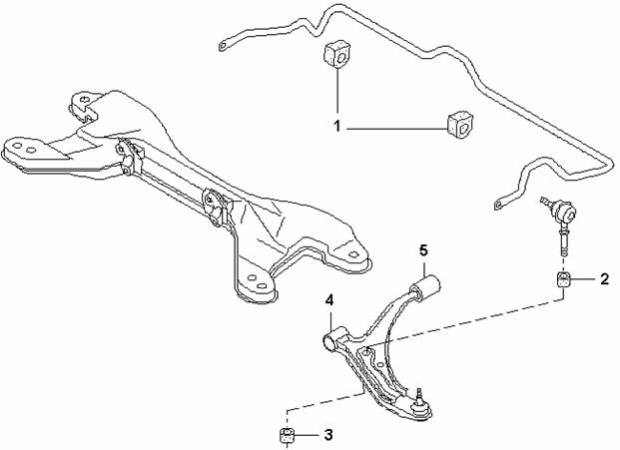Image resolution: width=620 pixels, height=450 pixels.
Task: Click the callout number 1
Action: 336,127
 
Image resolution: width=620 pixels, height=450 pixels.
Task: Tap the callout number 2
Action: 604,279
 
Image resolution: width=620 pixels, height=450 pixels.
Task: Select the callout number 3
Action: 328,435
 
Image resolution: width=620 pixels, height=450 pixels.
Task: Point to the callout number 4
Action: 329,300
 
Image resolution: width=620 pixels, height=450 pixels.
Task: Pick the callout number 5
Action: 423,249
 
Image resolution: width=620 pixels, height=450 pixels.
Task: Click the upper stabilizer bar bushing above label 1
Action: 336,54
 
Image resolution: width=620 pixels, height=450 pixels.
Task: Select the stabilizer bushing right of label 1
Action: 460,125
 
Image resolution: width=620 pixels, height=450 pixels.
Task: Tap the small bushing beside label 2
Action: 564,279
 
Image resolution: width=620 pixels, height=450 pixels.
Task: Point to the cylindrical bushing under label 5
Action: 425,287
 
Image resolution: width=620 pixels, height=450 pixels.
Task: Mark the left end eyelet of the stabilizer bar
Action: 223,46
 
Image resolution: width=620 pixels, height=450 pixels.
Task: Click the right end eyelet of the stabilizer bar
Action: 499,205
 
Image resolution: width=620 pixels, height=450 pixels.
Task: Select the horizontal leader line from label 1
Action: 396,129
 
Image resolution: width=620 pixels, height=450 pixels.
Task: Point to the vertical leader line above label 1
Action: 337,90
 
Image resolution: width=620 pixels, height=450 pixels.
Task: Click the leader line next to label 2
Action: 583,279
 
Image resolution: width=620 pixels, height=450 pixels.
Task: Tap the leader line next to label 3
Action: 307,435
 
